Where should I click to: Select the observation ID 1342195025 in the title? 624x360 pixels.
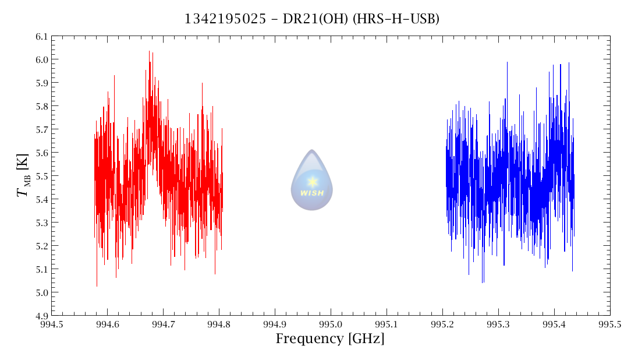pos(220,19)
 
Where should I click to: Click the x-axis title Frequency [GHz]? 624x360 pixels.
pos(330,339)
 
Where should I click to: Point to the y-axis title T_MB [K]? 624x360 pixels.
pos(24,175)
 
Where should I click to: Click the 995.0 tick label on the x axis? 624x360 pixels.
pos(331,324)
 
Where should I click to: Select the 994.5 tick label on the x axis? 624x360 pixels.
pos(51,324)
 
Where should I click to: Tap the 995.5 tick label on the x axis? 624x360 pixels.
pos(610,324)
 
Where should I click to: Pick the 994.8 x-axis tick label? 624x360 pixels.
pos(219,324)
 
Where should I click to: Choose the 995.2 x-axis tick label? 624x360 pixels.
pos(442,324)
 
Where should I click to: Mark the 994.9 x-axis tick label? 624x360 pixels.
pos(275,324)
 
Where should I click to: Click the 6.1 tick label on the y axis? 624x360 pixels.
pos(41,36)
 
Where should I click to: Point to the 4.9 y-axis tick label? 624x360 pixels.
pos(41,316)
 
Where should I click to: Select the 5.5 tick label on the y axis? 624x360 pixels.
pos(41,176)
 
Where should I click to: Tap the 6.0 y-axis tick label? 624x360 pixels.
pos(41,59)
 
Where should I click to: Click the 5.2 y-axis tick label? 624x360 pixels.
pos(41,246)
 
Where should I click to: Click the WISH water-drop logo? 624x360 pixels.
pos(312,181)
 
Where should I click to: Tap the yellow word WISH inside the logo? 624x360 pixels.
pos(312,193)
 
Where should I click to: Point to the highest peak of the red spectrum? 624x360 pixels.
pos(149,51)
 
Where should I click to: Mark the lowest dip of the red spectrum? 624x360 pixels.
pos(97,285)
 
